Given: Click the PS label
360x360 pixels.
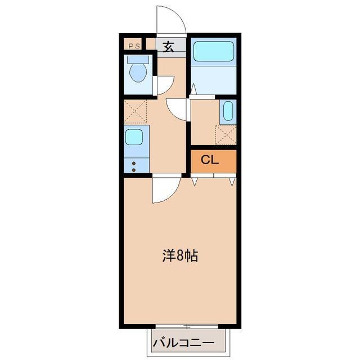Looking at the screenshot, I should (134, 46).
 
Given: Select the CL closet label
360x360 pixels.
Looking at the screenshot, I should (210, 160).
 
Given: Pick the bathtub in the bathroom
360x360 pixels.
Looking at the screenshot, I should (214, 52).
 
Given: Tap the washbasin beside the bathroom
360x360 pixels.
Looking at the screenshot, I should (227, 111).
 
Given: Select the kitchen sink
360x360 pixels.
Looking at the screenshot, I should (134, 137).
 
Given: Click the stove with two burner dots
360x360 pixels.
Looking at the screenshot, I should (134, 165).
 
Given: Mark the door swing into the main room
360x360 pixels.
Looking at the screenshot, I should (164, 190).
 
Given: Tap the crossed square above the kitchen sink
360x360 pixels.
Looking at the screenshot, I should (135, 112).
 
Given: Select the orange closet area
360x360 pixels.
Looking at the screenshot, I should (213, 160).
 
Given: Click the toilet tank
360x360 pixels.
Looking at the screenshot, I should (138, 59).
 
